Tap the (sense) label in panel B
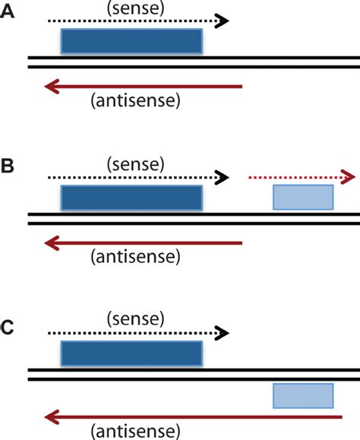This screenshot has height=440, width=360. point(135,163)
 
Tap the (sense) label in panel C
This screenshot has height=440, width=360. point(135,317)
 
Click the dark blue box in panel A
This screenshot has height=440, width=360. point(131,42)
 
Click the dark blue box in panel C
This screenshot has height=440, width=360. point(131,353)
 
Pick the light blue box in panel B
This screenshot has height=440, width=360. point(303,197)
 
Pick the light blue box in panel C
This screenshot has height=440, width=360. point(303,396)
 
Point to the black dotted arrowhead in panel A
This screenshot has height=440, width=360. point(222,21)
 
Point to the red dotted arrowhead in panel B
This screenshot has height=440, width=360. point(348,177)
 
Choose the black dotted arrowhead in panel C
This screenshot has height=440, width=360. point(222,332)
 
